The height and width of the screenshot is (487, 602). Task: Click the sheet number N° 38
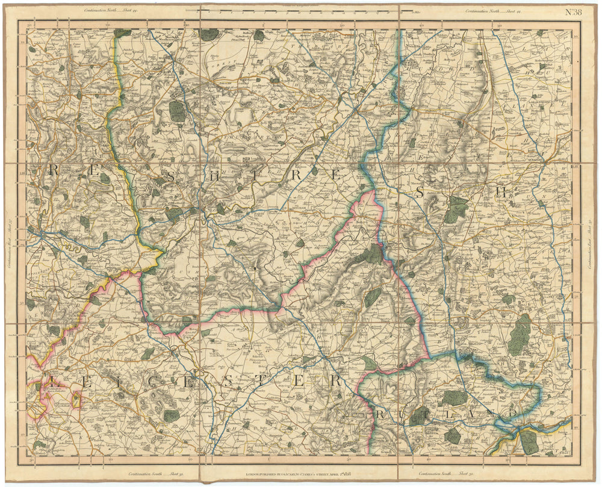click(571, 11)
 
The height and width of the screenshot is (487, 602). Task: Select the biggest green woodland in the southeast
click(520, 335)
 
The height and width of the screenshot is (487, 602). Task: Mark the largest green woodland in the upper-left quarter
click(177, 110)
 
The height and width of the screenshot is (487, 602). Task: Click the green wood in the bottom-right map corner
click(529, 441)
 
